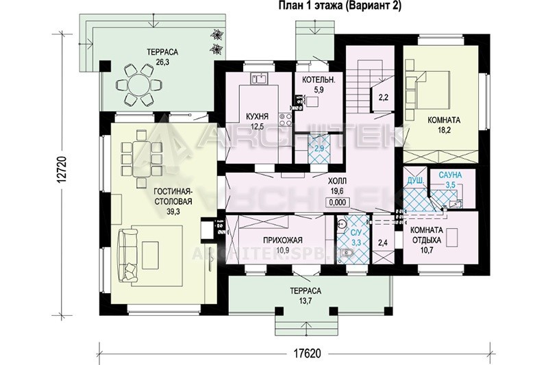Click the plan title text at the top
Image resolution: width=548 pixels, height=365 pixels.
pos(340,6)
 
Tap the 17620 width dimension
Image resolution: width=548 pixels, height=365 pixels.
pos(304,353)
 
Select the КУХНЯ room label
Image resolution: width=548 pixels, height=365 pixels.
pos(258,116)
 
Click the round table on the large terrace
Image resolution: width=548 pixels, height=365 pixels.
pos(139,84)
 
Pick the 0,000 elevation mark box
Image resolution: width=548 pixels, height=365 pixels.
pos(338,202)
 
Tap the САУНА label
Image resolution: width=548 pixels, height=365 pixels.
pos(451,175)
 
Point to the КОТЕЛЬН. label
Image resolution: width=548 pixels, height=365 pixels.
pos(319,79)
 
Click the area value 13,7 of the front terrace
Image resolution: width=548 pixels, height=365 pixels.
pos(305,299)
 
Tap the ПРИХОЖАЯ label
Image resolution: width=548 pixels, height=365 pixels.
pos(283,240)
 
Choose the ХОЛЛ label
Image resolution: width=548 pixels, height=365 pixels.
pos(337,181)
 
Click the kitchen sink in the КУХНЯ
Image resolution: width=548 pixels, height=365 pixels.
pos(259,78)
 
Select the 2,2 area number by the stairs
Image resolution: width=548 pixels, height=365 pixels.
pos(384,97)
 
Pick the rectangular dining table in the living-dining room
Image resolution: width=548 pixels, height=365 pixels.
pos(142,158)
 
